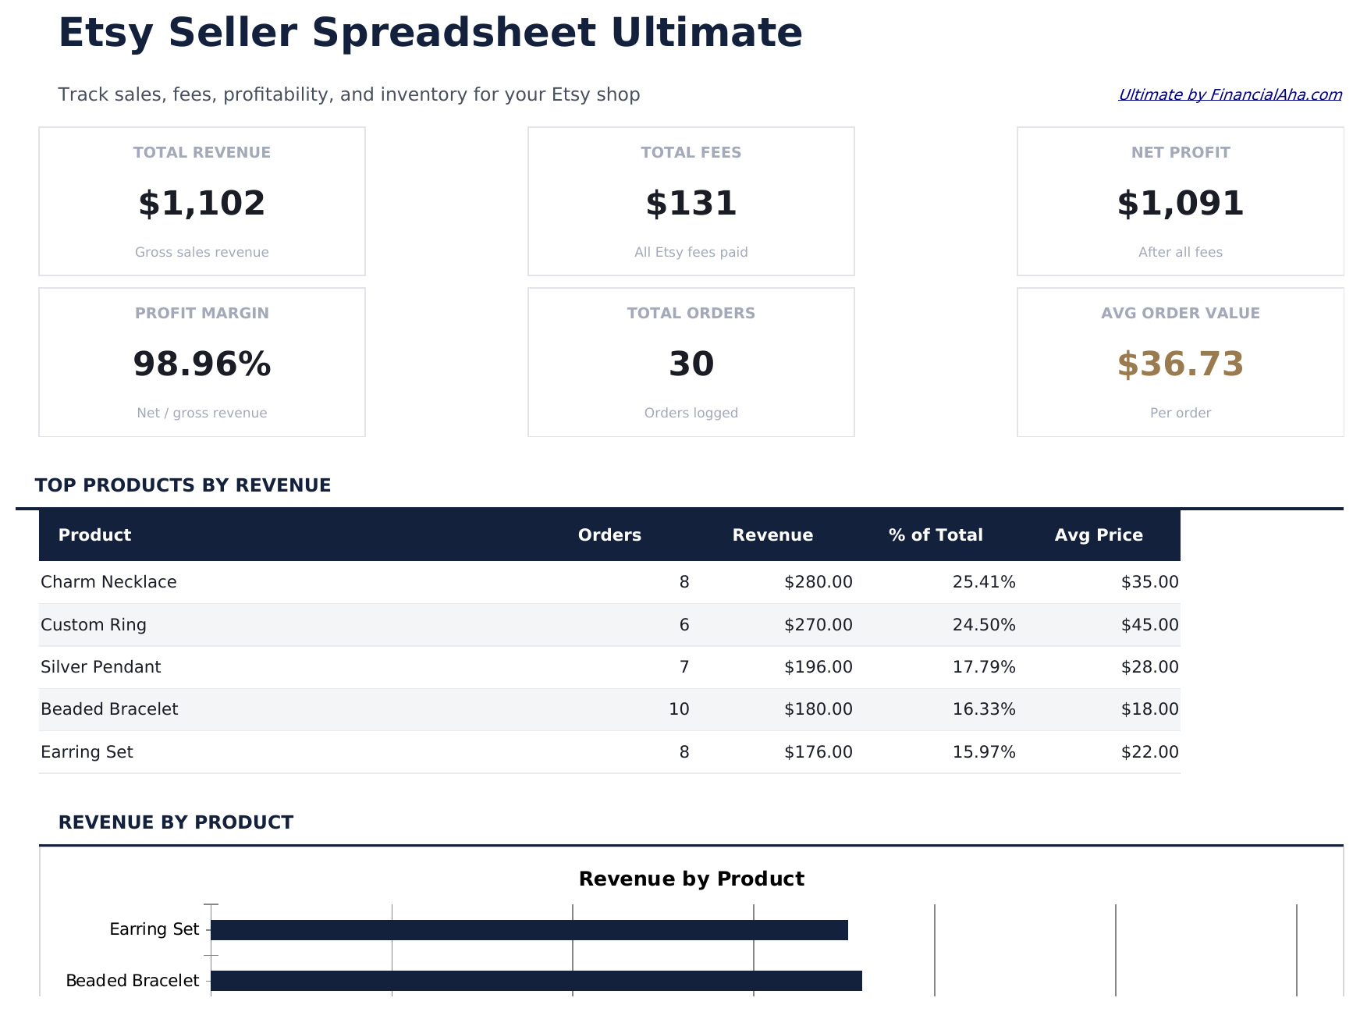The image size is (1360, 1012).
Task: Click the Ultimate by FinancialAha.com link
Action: (1230, 94)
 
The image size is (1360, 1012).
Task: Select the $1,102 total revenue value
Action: (201, 204)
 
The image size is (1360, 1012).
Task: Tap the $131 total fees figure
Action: (691, 204)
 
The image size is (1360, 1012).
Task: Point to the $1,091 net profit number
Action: (1180, 204)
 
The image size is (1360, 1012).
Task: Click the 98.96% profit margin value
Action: (201, 364)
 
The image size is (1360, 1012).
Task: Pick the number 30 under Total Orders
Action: (691, 364)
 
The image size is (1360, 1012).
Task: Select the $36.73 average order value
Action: (1180, 364)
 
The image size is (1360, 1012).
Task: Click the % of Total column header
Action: (935, 535)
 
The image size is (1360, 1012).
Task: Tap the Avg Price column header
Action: (1098, 535)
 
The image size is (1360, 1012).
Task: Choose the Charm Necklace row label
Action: (108, 582)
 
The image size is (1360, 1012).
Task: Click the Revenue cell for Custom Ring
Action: (818, 625)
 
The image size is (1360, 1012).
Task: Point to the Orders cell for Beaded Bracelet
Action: (679, 709)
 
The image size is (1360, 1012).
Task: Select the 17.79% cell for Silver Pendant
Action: (983, 667)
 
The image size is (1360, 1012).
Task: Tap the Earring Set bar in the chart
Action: (529, 930)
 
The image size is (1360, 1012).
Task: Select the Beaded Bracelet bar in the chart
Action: (536, 981)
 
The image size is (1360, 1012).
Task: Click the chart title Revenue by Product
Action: (691, 879)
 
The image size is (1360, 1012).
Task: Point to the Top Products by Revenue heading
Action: (183, 485)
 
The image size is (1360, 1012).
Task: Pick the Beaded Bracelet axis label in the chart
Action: (132, 981)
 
